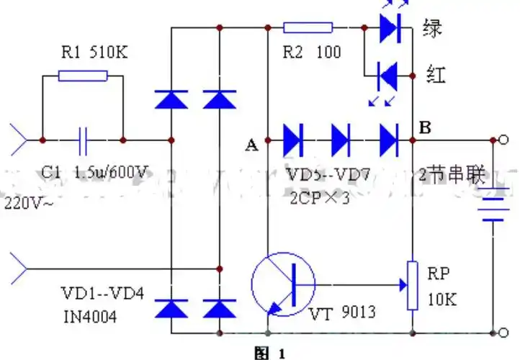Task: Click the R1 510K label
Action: click(84, 52)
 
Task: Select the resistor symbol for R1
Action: click(83, 76)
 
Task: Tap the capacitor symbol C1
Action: click(84, 139)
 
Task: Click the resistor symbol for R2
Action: click(308, 28)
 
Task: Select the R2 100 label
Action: click(311, 53)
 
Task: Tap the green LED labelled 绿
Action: click(389, 28)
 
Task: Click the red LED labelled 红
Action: click(389, 73)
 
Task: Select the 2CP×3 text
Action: click(320, 198)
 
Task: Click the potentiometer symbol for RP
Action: click(413, 284)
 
